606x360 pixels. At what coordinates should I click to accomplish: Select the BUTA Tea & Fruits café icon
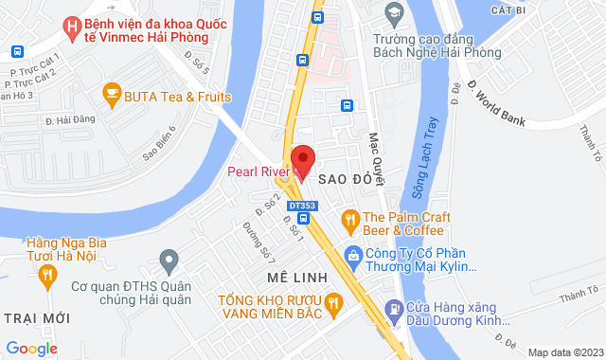tap(111, 95)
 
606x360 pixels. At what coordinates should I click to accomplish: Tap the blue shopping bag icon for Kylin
tap(353, 254)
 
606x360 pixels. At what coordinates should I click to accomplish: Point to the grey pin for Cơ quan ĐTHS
tap(169, 258)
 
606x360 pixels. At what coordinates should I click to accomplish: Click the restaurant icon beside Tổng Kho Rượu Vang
tap(333, 304)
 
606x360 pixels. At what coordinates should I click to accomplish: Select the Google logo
tap(32, 348)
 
